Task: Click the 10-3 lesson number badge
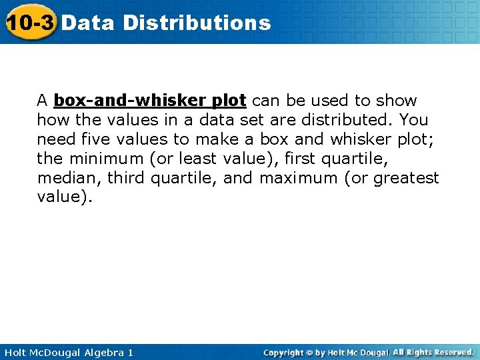[x=30, y=23]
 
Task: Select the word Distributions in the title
[x=197, y=23]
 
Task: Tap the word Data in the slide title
[x=90, y=23]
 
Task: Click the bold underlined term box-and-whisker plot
[x=150, y=101]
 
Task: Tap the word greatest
[x=406, y=178]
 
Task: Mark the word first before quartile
[x=300, y=159]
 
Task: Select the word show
[x=397, y=101]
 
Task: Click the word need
[x=55, y=139]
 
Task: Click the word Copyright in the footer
[x=283, y=352]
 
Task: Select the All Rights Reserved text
[x=433, y=352]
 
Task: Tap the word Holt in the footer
[x=16, y=352]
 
